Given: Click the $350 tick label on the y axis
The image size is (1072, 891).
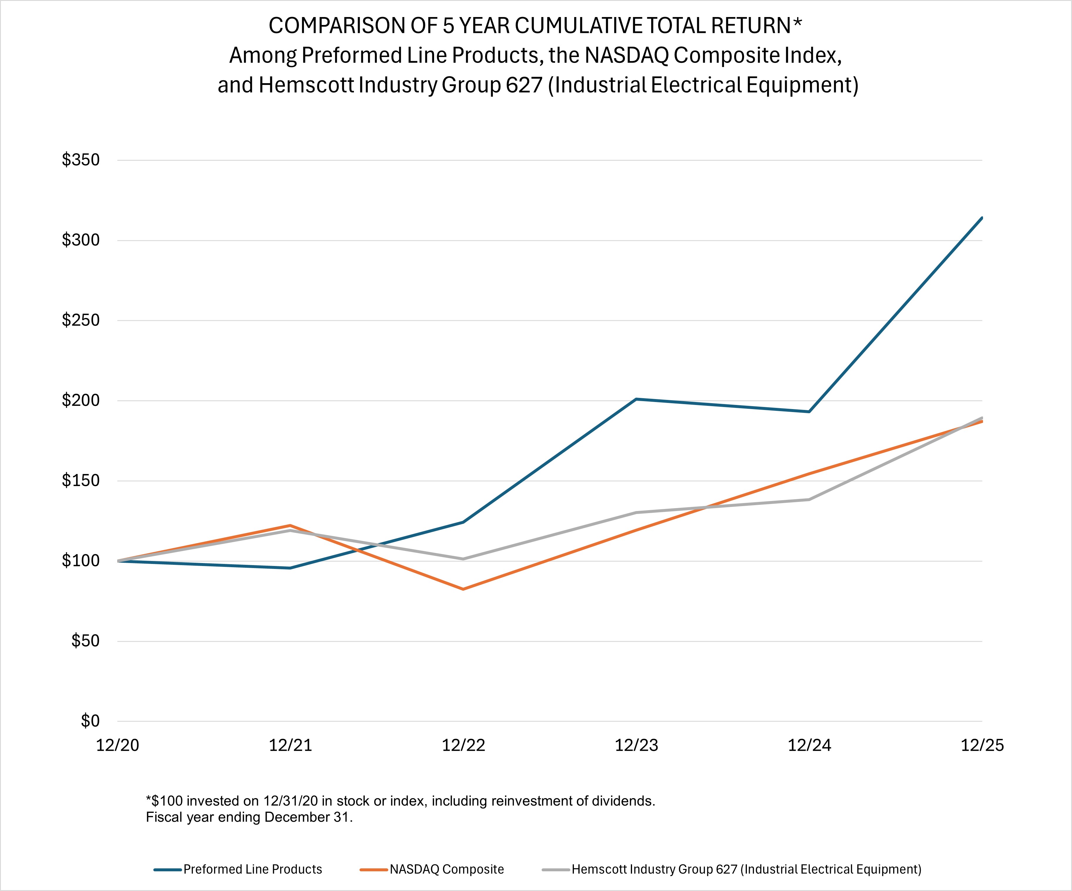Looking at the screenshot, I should coord(81,160).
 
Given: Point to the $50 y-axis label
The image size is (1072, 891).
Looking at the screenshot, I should coord(85,641).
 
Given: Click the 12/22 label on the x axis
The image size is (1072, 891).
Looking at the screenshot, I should coord(463,746).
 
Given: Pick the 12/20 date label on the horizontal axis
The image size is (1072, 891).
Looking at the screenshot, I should coord(117,746).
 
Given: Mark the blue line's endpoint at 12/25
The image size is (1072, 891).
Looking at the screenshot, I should coord(982,218).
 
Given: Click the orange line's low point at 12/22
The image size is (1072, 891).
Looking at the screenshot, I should coord(463,589).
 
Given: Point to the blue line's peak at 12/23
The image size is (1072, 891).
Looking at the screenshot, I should coord(636,399).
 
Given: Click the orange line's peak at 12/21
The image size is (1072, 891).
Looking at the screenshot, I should coord(290,525).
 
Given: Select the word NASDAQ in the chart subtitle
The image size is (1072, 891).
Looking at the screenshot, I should coord(626,55).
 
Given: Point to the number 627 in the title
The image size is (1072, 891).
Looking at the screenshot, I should coord(524,85).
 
